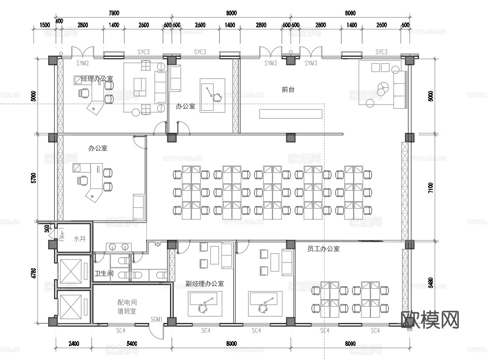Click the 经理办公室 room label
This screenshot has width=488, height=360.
point(97,79)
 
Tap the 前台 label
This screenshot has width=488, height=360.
point(288,90)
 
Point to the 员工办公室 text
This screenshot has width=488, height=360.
point(323,249)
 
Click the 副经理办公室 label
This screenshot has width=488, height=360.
point(204,284)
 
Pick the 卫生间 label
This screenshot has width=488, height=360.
point(104,274)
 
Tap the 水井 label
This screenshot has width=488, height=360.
point(79,239)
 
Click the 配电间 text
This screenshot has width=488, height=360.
point(127,303)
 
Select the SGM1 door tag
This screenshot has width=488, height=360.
point(157,319)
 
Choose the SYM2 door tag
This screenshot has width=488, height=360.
point(83,64)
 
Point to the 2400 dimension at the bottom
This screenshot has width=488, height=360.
point(73,344)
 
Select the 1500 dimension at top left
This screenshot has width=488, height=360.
point(45,26)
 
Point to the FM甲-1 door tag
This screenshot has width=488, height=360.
point(62,235)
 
